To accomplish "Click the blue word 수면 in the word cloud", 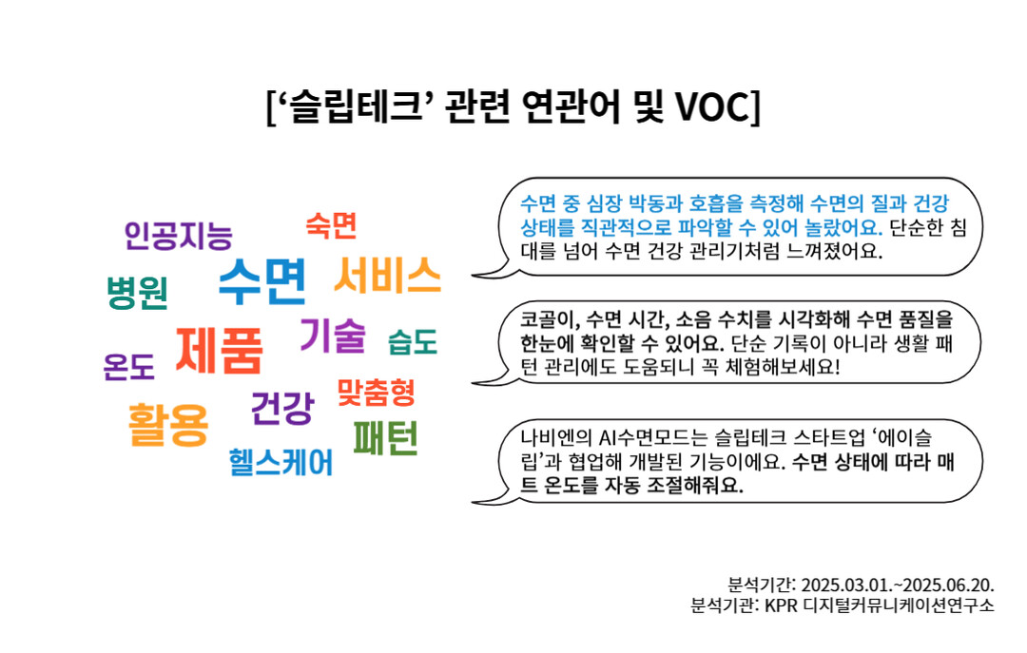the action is [x=262, y=281].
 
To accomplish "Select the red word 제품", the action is [x=220, y=351].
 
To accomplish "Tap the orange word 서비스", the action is [x=388, y=275].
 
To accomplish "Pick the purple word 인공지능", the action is [x=178, y=235].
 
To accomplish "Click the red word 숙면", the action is [x=332, y=225].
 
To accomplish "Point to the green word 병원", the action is [x=138, y=292].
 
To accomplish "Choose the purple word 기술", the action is [x=333, y=336].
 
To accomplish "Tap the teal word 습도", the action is [x=413, y=341].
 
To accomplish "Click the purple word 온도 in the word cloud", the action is [x=129, y=367].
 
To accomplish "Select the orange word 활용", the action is [x=168, y=425].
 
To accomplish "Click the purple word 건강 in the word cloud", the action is [x=282, y=408].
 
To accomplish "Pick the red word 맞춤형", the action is [x=376, y=392].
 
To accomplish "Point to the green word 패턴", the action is [x=386, y=438].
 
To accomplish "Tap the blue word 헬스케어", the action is [x=281, y=462].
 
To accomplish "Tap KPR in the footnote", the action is [x=781, y=605].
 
